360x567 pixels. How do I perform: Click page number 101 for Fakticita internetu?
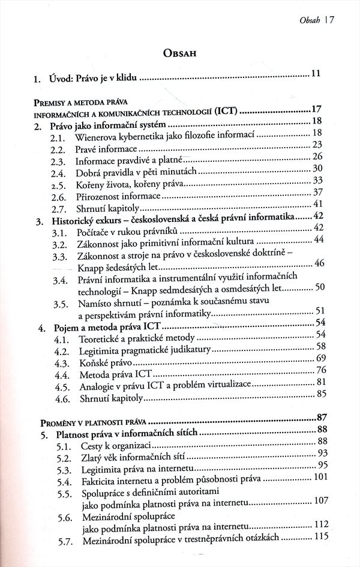click(x=317, y=478)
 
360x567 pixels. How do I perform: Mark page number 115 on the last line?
click(x=317, y=538)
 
